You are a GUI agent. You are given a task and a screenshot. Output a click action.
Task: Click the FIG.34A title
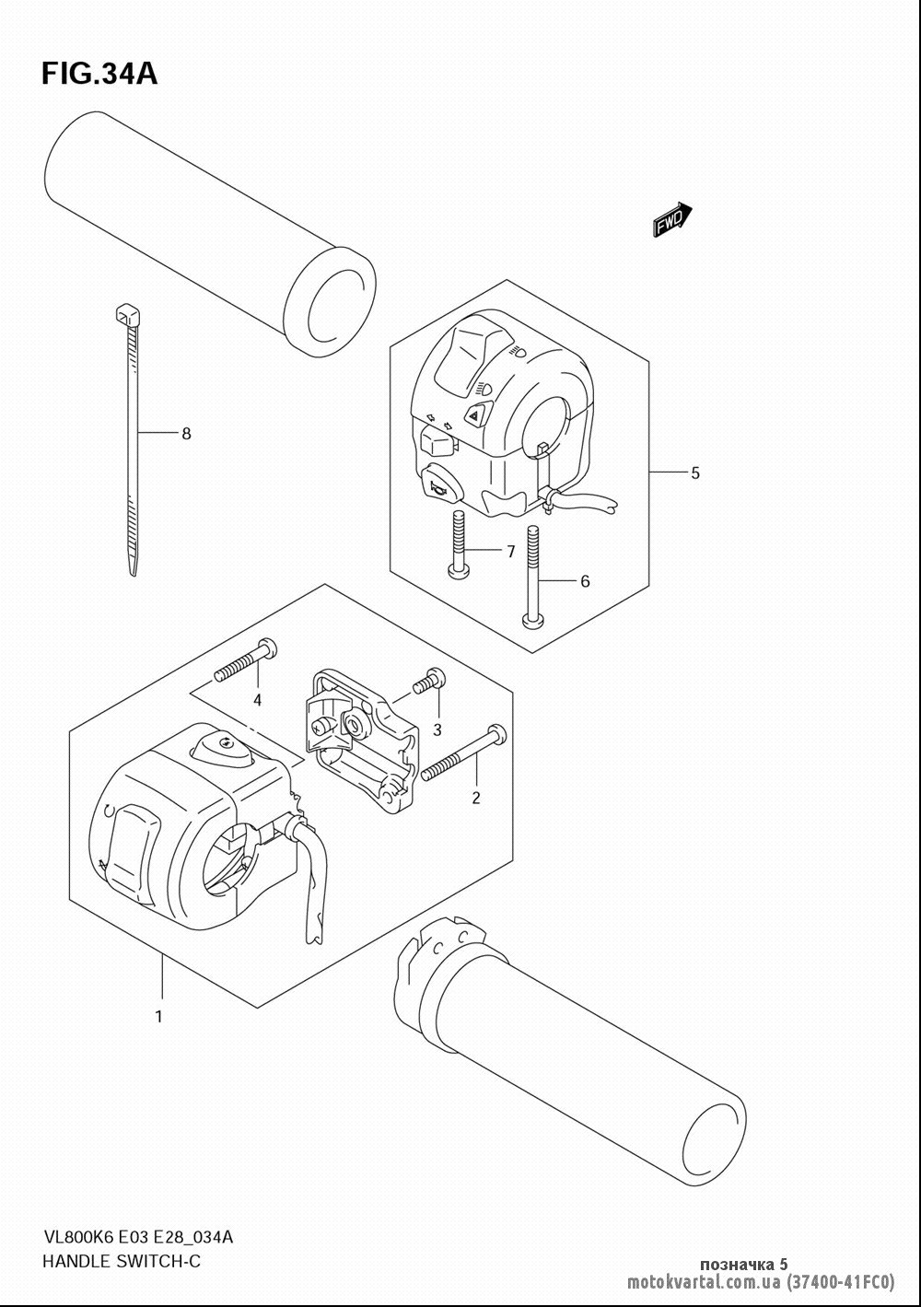click(x=99, y=75)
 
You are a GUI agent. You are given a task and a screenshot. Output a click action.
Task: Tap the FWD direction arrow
click(x=672, y=219)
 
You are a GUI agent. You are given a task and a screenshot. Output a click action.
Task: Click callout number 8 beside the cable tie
click(x=186, y=434)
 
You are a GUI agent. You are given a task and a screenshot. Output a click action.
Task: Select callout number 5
click(x=694, y=473)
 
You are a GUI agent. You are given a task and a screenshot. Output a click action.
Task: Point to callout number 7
click(x=511, y=552)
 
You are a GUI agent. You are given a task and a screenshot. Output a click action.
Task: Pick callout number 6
click(x=585, y=581)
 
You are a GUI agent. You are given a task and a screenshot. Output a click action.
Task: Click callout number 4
click(x=257, y=700)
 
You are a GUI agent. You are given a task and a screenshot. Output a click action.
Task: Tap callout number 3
click(x=437, y=729)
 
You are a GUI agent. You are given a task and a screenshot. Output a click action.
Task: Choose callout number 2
click(x=476, y=798)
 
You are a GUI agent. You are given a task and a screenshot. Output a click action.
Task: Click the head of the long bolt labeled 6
click(x=533, y=622)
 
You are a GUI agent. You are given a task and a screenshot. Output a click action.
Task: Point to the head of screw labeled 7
click(x=458, y=571)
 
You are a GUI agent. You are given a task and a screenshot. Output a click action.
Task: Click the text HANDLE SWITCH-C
click(x=122, y=1262)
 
